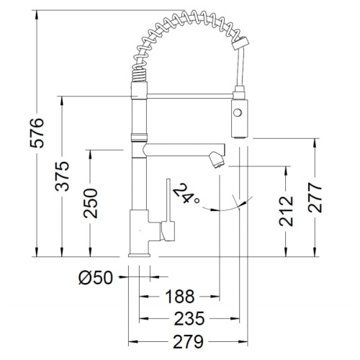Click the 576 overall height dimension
[x=37, y=133]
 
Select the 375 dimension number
[x=62, y=176]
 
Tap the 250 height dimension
[x=91, y=203]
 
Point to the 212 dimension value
[x=286, y=211]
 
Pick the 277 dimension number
[x=315, y=197]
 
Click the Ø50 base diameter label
[x=96, y=278]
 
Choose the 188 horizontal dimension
[x=180, y=297]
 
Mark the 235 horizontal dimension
[x=189, y=319]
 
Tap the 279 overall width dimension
[x=188, y=341]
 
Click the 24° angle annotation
[x=186, y=194]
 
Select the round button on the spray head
[x=238, y=112]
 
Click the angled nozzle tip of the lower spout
[x=217, y=160]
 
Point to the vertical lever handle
[x=168, y=200]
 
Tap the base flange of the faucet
[x=139, y=255]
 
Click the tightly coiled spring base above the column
[x=139, y=75]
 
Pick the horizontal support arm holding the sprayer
[x=189, y=96]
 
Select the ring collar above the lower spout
[x=139, y=138]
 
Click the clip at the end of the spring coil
[x=240, y=43]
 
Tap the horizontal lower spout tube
[x=184, y=150]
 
